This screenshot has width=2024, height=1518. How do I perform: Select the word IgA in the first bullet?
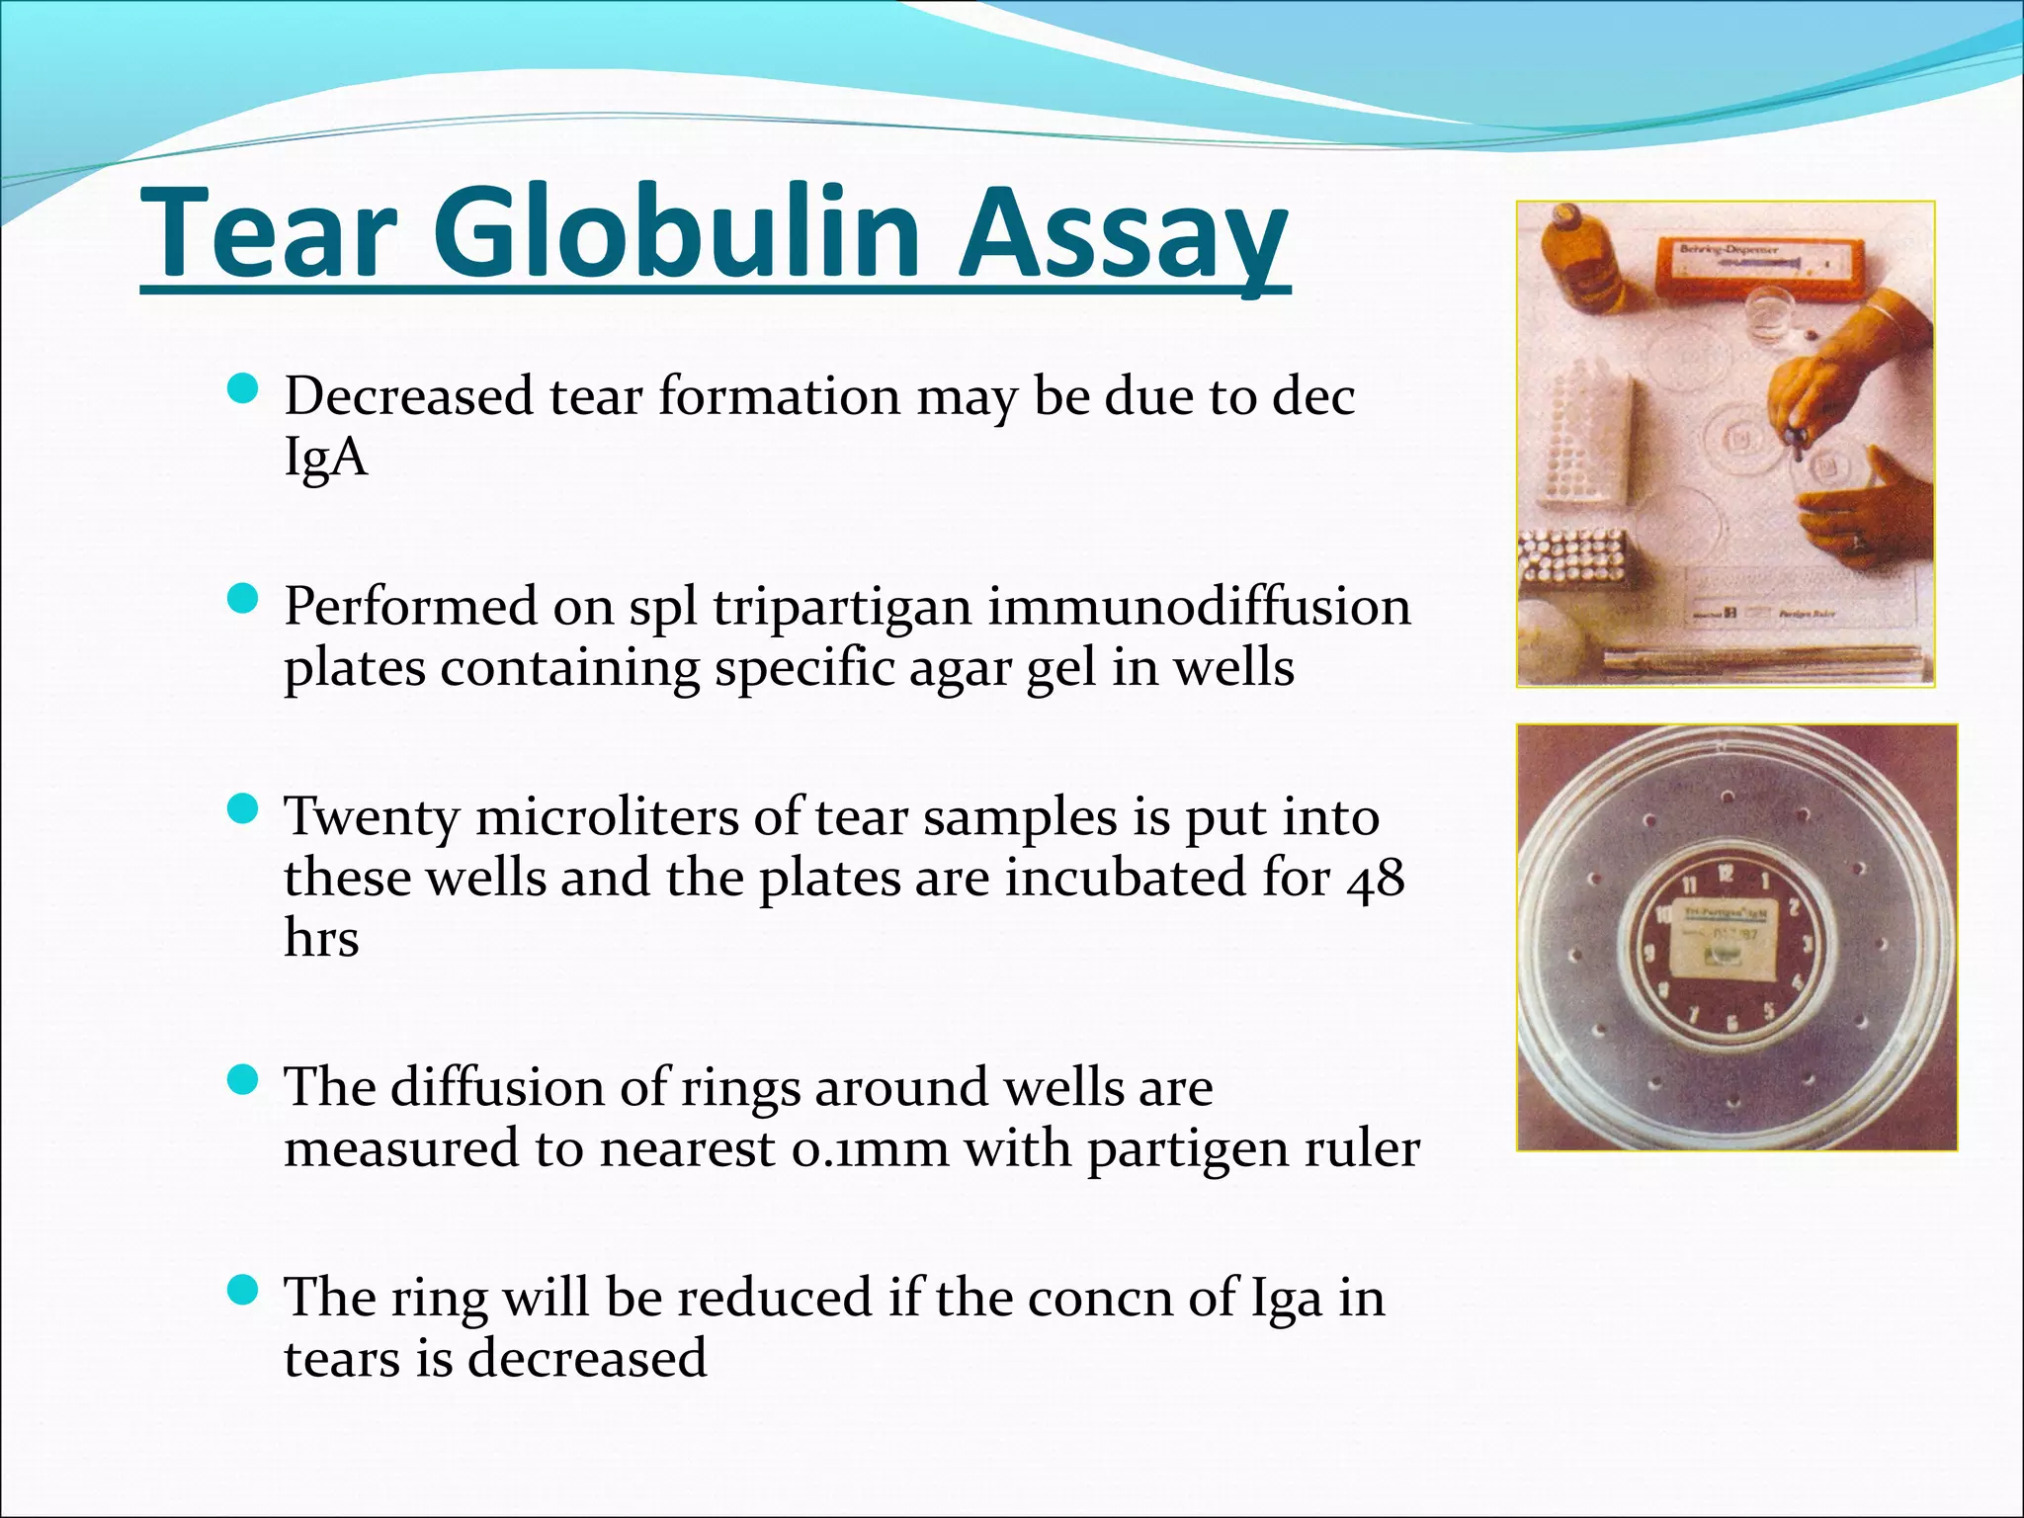click(x=325, y=458)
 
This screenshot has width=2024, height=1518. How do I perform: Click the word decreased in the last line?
click(x=587, y=1358)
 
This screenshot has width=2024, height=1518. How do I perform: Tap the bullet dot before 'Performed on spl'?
click(x=242, y=599)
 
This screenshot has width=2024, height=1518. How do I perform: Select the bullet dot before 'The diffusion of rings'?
click(x=242, y=1080)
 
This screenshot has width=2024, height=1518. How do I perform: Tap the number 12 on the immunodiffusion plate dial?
click(x=1726, y=874)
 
